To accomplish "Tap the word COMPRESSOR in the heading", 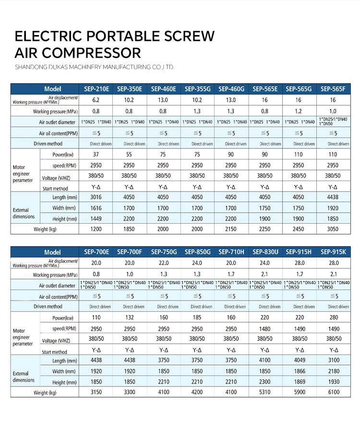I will (x=92, y=52).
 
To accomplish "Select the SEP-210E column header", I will (x=96, y=89).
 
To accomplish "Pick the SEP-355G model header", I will (x=197, y=89).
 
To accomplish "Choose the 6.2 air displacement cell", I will (x=96, y=100).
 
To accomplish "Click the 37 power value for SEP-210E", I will (x=96, y=155).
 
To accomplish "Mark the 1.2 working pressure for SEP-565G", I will (x=299, y=111).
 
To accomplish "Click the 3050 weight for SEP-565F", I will (x=333, y=230).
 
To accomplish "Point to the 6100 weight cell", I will (x=333, y=393).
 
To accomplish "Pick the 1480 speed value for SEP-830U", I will (x=265, y=329).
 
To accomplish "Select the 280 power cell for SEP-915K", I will (x=333, y=317).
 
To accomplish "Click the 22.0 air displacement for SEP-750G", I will (x=163, y=263).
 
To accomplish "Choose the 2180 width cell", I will (x=333, y=371).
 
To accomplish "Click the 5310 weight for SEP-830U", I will (x=265, y=393).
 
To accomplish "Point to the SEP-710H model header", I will (x=231, y=252).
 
